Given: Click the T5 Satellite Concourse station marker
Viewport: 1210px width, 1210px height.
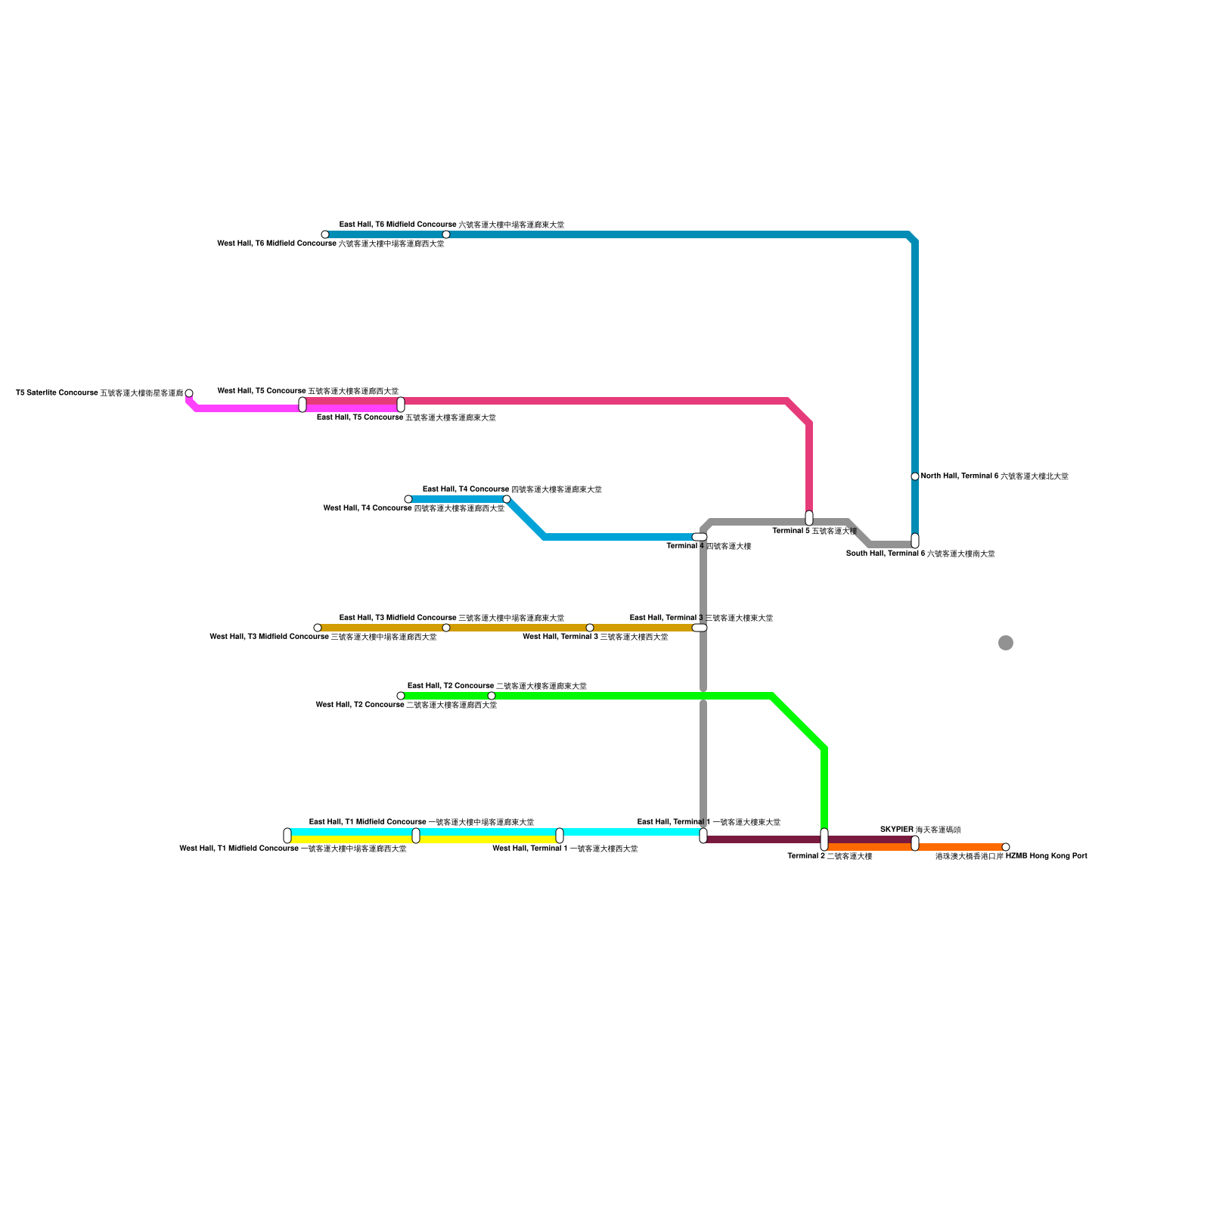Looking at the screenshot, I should pyautogui.click(x=189, y=393).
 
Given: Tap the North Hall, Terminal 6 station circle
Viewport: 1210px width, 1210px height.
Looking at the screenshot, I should pyautogui.click(x=915, y=476).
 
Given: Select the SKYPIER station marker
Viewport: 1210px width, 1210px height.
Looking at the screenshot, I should pyautogui.click(x=915, y=843).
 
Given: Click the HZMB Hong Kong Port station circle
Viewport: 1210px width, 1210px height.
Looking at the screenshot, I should pyautogui.click(x=1006, y=847).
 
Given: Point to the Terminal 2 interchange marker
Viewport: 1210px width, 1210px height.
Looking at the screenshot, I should pyautogui.click(x=824, y=839).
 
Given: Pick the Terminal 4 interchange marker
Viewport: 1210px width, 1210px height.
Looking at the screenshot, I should pyautogui.click(x=700, y=537).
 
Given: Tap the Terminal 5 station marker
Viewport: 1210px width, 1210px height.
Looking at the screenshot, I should pyautogui.click(x=809, y=518).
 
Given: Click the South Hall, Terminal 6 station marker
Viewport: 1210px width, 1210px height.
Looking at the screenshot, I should pyautogui.click(x=915, y=541).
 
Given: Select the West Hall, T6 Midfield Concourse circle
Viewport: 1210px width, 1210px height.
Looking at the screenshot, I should pyautogui.click(x=325, y=234).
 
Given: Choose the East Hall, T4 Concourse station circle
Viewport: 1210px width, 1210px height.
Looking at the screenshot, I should pyautogui.click(x=507, y=499).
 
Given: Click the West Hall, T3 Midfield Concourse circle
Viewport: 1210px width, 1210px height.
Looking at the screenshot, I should pyautogui.click(x=318, y=628).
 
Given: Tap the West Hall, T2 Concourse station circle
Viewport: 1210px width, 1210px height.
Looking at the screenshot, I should pyautogui.click(x=401, y=696).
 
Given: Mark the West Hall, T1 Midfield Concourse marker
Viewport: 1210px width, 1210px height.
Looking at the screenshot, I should pyautogui.click(x=287, y=836).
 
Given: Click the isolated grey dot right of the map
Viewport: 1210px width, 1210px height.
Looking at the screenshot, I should pyautogui.click(x=1006, y=643).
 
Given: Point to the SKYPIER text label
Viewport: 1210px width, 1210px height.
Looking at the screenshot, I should pyautogui.click(x=920, y=830).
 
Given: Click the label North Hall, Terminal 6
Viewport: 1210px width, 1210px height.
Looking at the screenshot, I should pyautogui.click(x=994, y=476).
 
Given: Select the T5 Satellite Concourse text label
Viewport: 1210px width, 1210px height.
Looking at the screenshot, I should pyautogui.click(x=100, y=393).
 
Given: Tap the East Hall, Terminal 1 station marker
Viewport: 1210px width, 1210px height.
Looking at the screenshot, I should pyautogui.click(x=703, y=836).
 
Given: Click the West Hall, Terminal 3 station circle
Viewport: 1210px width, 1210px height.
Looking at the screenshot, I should pyautogui.click(x=590, y=628).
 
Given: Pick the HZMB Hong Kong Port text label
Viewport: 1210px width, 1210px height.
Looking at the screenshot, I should pyautogui.click(x=1011, y=856).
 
